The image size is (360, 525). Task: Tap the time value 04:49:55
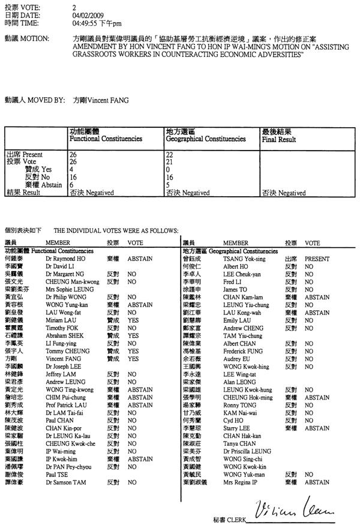[x=85, y=22]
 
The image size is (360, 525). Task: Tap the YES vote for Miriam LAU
[x=133, y=320]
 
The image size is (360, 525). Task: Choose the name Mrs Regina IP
[x=241, y=482]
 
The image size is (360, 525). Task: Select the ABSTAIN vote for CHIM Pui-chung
[x=139, y=397]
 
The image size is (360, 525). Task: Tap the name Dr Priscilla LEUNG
[x=247, y=451]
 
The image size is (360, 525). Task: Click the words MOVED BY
[x=47, y=100]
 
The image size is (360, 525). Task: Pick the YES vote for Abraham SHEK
[x=133, y=335]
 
